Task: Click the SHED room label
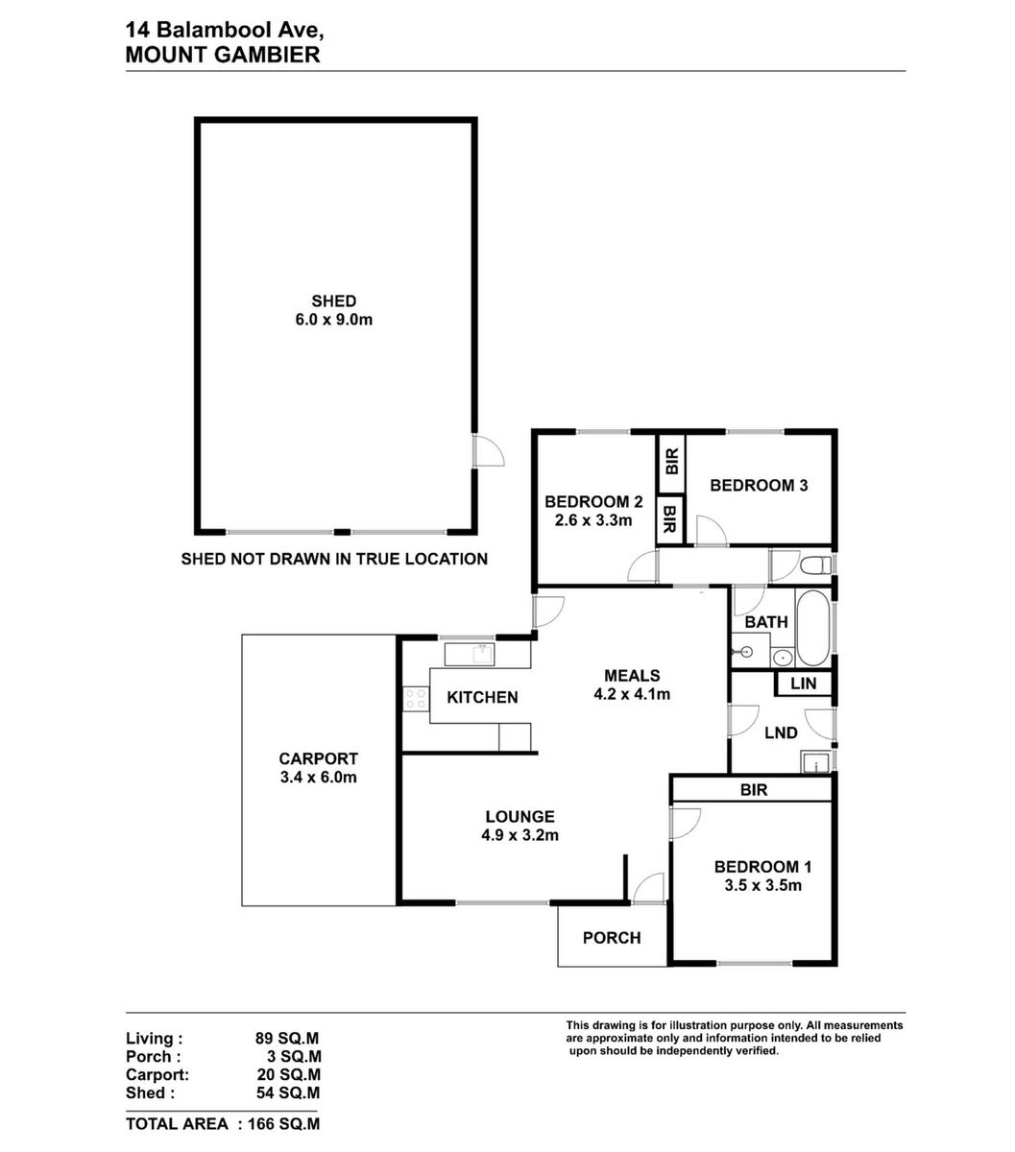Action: point(333,300)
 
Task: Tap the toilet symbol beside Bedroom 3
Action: point(815,565)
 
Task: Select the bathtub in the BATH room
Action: point(812,628)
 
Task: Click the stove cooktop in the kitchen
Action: point(416,698)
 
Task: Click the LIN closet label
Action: point(803,684)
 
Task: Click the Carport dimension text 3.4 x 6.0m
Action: point(318,777)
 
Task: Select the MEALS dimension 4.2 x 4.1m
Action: point(632,694)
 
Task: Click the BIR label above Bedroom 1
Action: point(754,789)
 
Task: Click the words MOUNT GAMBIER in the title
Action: point(223,55)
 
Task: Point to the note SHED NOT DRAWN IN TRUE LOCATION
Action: point(334,559)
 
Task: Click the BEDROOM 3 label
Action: point(759,485)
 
